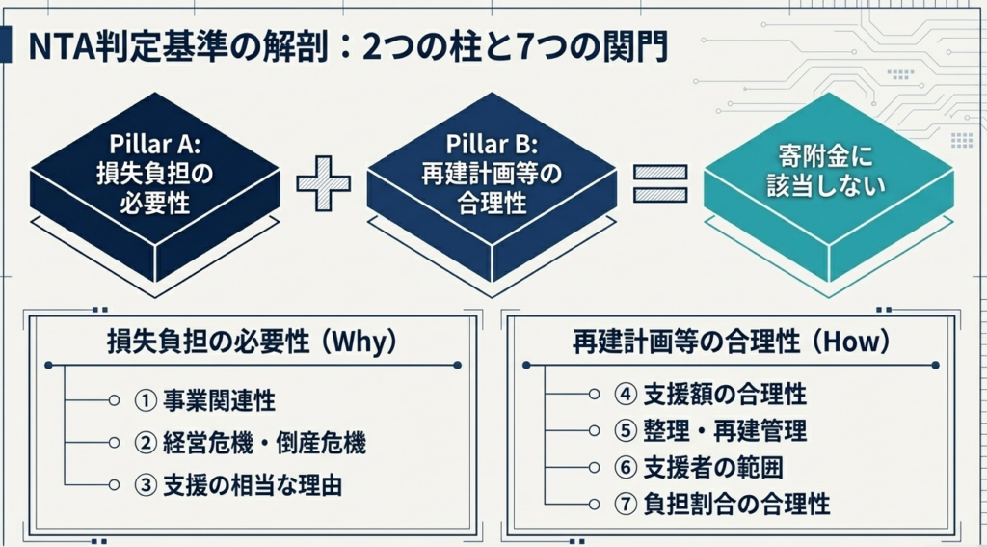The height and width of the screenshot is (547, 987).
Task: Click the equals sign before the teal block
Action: [659, 184]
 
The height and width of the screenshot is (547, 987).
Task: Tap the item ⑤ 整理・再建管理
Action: [710, 431]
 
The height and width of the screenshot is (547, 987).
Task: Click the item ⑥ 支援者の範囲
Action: [698, 468]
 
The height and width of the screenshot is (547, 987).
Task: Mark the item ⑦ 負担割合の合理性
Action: [722, 504]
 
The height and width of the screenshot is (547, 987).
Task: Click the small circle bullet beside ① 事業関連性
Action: [115, 400]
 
